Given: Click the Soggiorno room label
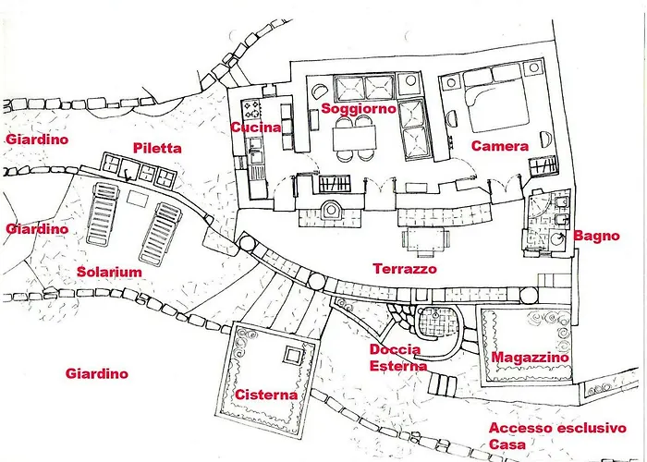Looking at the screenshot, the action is coord(359,109).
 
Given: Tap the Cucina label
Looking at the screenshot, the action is coord(255,128).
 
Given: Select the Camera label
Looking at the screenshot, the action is coord(500,146).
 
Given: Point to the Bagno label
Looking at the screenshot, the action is coord(597,236).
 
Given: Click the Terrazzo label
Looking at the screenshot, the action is coord(405,269).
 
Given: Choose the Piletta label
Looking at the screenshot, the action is coord(157,148).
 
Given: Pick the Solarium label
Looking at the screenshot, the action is coord(109,272).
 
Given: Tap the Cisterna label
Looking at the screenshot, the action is coord(266,395).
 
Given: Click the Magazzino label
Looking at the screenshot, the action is coord(530,358).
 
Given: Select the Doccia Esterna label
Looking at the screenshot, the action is coord(397,358).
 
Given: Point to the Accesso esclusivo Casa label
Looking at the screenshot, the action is coord(557,436).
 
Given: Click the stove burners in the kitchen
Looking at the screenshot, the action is coord(251,108).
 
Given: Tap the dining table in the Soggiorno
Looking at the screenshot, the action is coord(354,138).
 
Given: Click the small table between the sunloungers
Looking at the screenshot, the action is coord(138,199).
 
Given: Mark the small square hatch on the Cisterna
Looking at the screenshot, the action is coord(293,355).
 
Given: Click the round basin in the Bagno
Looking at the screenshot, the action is coord(558,238).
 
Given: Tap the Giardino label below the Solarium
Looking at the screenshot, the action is coord(96,373).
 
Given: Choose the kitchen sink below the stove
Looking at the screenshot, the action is coord(255,149).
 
